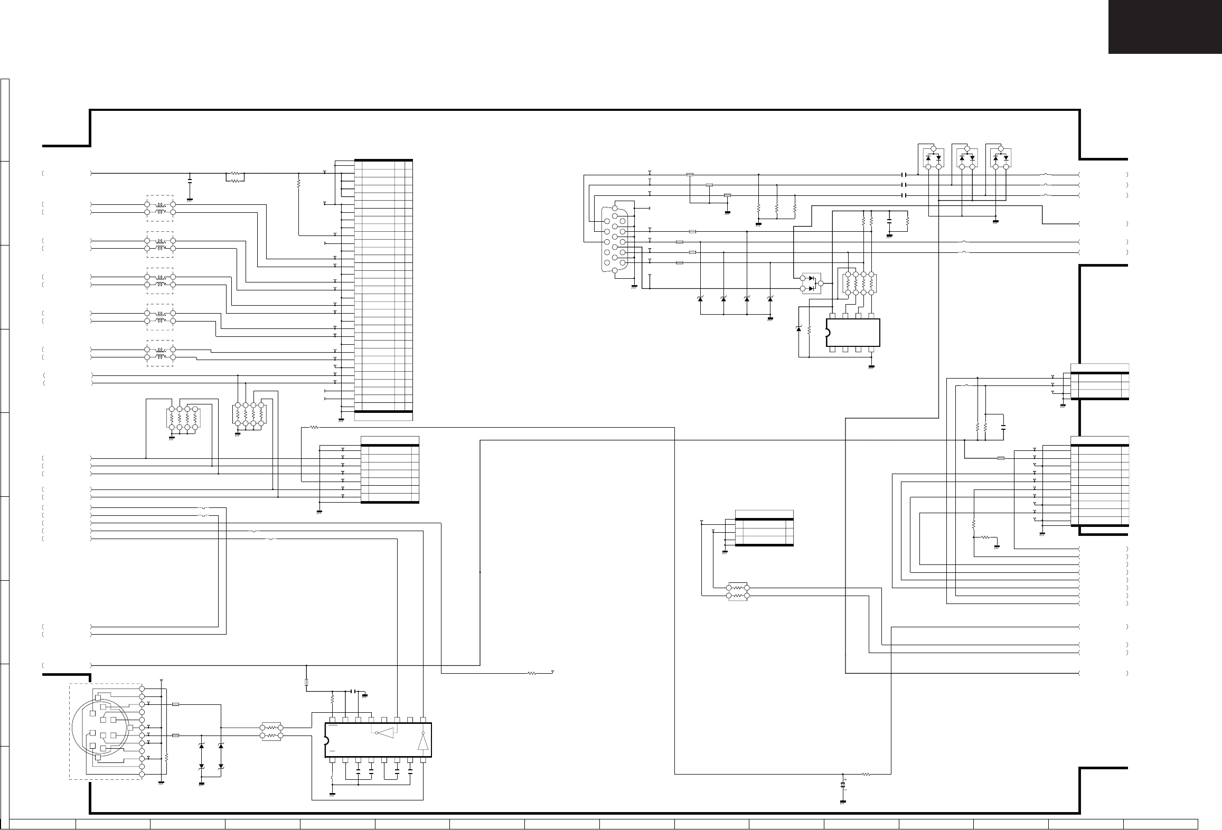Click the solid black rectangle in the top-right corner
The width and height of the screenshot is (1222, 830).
[1164, 26]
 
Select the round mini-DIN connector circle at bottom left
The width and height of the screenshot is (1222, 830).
[100, 734]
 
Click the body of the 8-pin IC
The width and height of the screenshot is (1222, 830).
[853, 333]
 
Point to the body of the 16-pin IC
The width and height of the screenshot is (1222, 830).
[378, 740]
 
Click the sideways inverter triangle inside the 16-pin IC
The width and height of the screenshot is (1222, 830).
[385, 733]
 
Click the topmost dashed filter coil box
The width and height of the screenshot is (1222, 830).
[159, 208]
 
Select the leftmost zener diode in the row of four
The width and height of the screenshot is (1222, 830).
[700, 299]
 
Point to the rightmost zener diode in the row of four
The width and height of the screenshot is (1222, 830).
[770, 299]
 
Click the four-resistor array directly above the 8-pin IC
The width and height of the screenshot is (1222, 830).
[859, 284]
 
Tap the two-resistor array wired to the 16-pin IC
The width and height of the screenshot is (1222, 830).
[271, 731]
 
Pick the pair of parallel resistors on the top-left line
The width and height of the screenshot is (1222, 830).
[235, 177]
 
